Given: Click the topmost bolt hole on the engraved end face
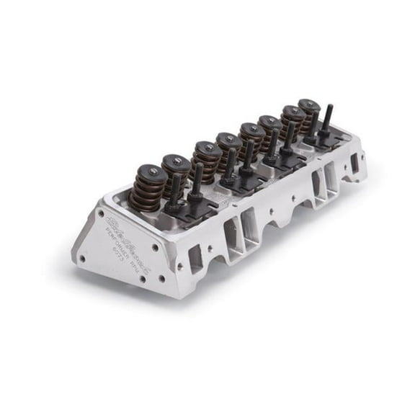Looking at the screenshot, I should pyautogui.click(x=100, y=213).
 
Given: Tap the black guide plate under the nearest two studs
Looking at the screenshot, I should pyautogui.click(x=184, y=209).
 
